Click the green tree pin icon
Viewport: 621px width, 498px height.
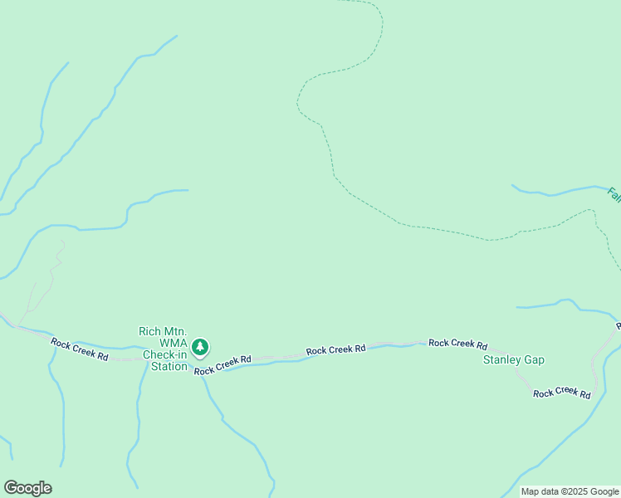pyautogui.click(x=200, y=347)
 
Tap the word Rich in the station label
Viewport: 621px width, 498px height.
pyautogui.click(x=149, y=332)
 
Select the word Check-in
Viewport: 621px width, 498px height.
pyautogui.click(x=164, y=355)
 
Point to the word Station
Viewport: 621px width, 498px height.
pyautogui.click(x=169, y=366)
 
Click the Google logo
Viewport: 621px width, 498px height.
pyautogui.click(x=27, y=488)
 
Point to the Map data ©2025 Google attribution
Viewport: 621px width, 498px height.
pyautogui.click(x=570, y=491)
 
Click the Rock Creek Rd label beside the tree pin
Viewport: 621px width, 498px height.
pyautogui.click(x=222, y=365)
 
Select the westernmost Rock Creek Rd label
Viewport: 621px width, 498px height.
pyautogui.click(x=80, y=349)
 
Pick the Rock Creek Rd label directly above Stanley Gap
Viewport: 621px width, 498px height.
pyautogui.click(x=457, y=344)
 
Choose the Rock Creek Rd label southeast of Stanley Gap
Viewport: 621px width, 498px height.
pyautogui.click(x=562, y=393)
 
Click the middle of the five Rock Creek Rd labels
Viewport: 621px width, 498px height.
pyautogui.click(x=335, y=350)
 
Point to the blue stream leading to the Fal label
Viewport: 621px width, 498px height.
pyautogui.click(x=556, y=192)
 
